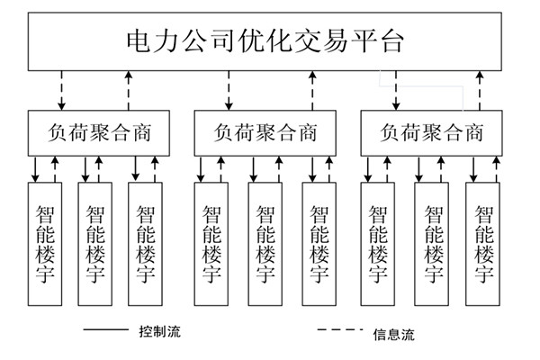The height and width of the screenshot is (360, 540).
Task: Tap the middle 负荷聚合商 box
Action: click(265, 132)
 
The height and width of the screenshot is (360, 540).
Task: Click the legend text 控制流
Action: click(160, 331)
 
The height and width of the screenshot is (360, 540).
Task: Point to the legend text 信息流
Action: click(393, 335)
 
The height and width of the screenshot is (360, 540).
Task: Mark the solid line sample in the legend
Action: click(105, 331)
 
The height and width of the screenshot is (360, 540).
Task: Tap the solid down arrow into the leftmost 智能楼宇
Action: click(36, 167)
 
